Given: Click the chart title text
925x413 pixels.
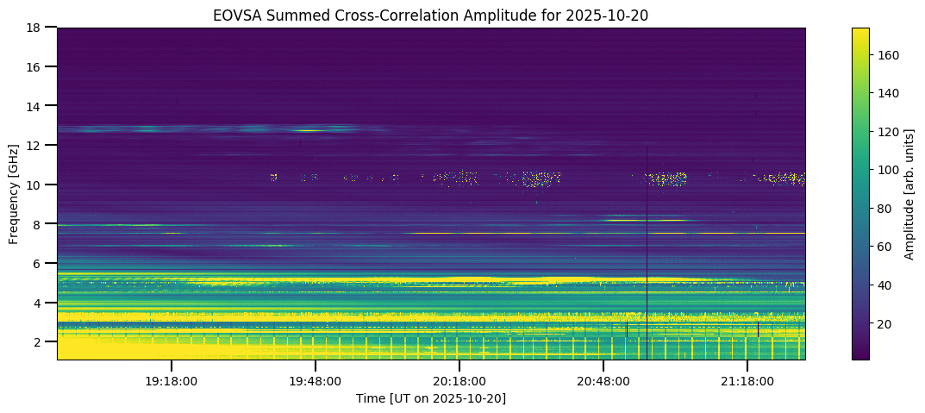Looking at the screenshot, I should [430, 15].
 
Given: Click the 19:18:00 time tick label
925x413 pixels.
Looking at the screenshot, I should [172, 380].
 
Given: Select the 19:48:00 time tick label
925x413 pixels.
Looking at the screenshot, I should [316, 380].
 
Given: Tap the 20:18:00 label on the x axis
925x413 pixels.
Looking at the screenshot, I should [459, 380].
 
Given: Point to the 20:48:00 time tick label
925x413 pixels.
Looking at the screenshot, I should [603, 380].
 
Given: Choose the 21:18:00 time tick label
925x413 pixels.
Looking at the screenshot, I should [747, 380].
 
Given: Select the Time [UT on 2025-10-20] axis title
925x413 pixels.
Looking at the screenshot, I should [430, 398].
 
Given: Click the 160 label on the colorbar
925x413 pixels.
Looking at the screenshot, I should [889, 55].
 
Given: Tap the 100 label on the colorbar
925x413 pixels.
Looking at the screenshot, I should [889, 170].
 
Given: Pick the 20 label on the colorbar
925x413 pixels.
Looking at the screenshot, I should [885, 323].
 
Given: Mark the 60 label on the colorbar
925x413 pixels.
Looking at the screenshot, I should [885, 247].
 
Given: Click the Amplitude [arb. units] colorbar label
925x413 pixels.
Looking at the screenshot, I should [909, 193].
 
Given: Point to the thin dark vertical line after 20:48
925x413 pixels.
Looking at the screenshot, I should [647, 259].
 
